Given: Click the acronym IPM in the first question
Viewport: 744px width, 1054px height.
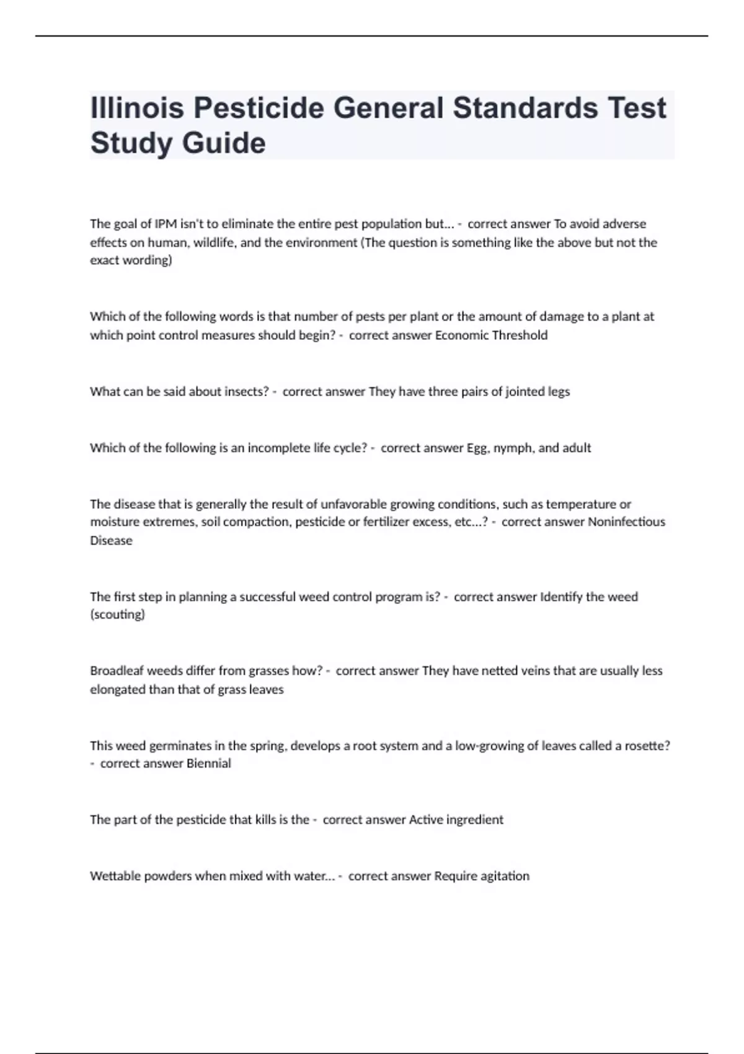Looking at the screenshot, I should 166,224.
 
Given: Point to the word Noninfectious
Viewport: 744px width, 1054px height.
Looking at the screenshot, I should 626,522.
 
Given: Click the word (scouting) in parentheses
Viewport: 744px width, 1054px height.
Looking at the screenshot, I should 117,614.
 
